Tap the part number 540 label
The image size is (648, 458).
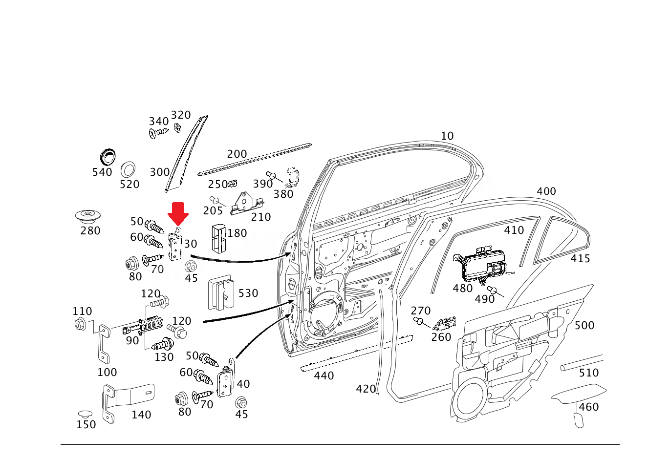coord(102,172)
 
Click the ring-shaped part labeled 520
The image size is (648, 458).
coord(128,169)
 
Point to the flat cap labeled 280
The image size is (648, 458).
coord(88,215)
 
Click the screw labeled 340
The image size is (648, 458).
coord(158,132)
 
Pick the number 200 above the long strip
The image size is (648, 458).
coord(237,154)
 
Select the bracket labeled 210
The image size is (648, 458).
coord(246,204)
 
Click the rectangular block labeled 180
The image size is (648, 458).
coord(218,238)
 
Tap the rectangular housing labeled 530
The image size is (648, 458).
coord(221,293)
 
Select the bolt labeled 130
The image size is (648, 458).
coord(163,344)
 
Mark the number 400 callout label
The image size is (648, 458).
coord(546,191)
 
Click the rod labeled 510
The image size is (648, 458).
coord(582,363)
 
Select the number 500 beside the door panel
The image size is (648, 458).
coord(584,325)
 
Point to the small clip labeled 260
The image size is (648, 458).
coord(444,323)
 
